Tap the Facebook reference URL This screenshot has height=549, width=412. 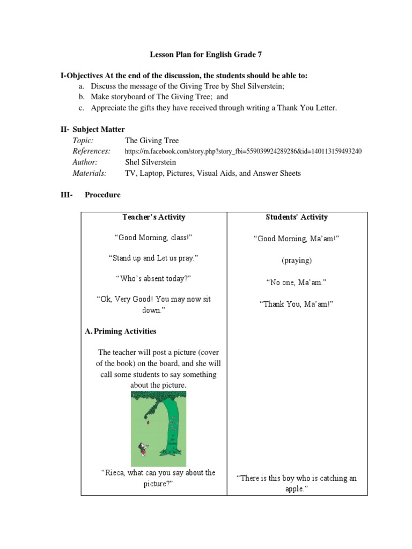point(243,151)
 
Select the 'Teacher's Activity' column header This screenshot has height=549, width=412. point(153,217)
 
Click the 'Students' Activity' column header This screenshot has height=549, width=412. point(297,217)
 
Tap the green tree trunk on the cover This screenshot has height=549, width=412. point(175,429)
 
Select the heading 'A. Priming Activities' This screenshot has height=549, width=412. point(121,331)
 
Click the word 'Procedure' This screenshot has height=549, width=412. point(102,195)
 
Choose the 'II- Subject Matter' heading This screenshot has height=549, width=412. point(92,129)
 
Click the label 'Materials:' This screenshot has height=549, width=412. point(90,173)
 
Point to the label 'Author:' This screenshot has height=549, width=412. point(85,162)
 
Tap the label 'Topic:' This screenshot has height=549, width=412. point(83,140)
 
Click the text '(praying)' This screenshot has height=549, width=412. point(297,261)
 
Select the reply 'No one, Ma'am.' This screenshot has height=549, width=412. point(297,282)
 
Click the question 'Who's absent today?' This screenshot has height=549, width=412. point(153,278)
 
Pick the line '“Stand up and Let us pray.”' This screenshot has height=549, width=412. point(153,258)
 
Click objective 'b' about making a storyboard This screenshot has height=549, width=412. point(159,97)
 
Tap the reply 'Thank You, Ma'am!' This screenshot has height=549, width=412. point(297,304)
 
